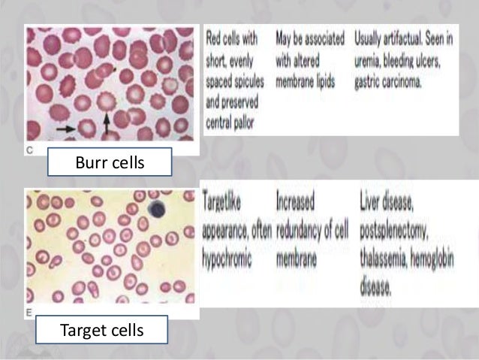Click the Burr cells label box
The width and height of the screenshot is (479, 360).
110,162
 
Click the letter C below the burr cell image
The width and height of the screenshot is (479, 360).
29,150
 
